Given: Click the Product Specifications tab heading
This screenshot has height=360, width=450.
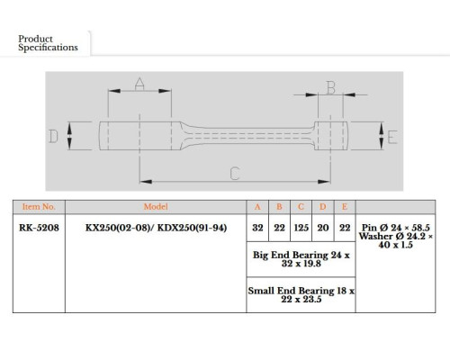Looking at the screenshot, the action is click(x=48, y=43).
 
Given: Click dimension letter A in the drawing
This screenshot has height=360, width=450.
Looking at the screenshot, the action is click(x=139, y=84).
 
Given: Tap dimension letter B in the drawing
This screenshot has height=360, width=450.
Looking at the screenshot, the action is click(x=330, y=87).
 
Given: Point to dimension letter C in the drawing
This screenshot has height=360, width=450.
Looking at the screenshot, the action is click(x=235, y=174).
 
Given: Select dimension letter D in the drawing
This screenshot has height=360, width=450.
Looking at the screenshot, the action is click(x=53, y=136).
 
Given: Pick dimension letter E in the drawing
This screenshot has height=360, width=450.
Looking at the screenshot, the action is click(x=392, y=137).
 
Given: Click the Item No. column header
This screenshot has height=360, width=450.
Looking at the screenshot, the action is click(x=39, y=207).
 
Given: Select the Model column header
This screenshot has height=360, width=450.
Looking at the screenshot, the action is click(x=156, y=207).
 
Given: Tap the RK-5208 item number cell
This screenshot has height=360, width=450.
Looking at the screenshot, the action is click(x=39, y=228).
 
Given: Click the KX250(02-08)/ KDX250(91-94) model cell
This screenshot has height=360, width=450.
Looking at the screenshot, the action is click(x=156, y=228).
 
